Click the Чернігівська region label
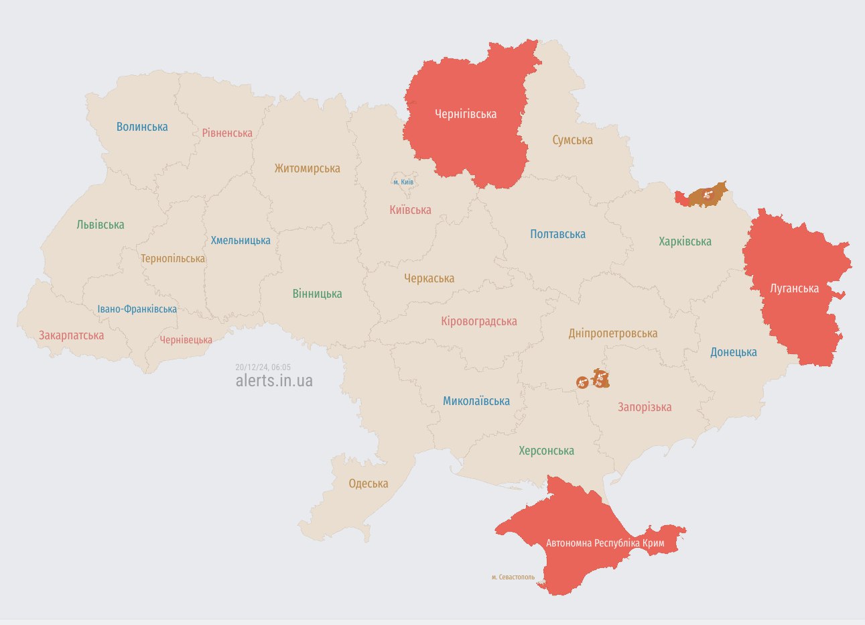coord(466,114)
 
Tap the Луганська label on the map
coord(794,288)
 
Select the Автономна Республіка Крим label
coord(605,543)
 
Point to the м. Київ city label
coord(403,182)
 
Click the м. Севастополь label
coord(513,577)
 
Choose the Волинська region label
coord(142,127)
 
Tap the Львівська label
coord(101,225)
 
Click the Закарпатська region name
coord(71,335)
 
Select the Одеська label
coord(369,484)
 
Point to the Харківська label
coord(685,241)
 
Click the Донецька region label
coord(734,352)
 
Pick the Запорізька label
coord(645,407)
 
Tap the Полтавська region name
coord(557,234)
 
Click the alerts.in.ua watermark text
coord(274,381)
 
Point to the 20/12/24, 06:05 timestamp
coord(263,367)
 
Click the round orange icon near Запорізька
coord(582,382)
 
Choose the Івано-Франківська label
coord(137,309)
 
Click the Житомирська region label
coord(307,168)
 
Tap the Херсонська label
coord(546,451)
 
